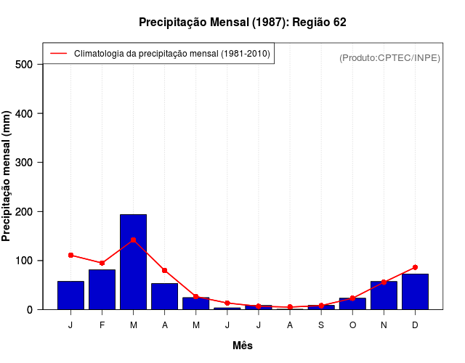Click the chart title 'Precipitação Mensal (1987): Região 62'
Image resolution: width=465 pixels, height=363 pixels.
(x=242, y=23)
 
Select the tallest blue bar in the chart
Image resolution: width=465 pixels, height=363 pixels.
(x=133, y=261)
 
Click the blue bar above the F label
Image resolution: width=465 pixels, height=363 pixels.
(x=102, y=289)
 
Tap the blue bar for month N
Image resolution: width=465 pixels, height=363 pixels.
(x=384, y=295)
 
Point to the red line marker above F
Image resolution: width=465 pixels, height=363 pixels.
(x=102, y=263)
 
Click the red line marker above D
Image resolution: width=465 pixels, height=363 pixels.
(x=415, y=267)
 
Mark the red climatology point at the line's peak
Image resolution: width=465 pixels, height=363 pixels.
(x=133, y=240)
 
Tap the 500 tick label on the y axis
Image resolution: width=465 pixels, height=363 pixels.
(x=24, y=65)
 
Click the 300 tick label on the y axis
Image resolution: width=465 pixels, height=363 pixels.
(x=24, y=163)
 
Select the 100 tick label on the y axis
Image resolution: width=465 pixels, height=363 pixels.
(x=24, y=261)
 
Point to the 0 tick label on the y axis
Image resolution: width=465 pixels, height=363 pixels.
(x=30, y=310)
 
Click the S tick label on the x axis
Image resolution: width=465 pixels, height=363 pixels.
(x=321, y=325)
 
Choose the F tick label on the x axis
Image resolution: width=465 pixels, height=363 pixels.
(x=102, y=325)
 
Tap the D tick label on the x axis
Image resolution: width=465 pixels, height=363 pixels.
(x=415, y=325)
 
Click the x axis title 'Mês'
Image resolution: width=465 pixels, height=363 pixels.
(x=243, y=346)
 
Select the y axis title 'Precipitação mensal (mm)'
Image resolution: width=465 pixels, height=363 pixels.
(x=7, y=176)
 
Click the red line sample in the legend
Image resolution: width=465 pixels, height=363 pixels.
(x=58, y=54)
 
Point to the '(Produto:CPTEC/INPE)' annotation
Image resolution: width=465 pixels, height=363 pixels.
(x=389, y=57)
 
